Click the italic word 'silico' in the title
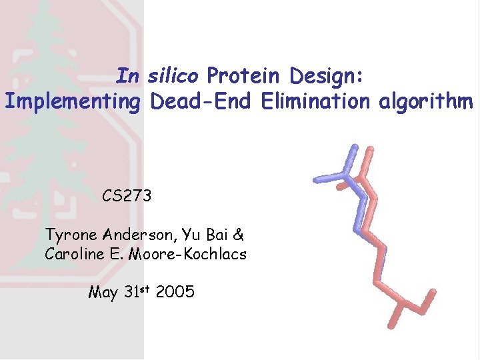pos(173,77)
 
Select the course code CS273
pos(127,196)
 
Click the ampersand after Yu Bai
pos(239,235)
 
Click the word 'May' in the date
pos(103,292)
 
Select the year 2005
pos(175,292)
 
